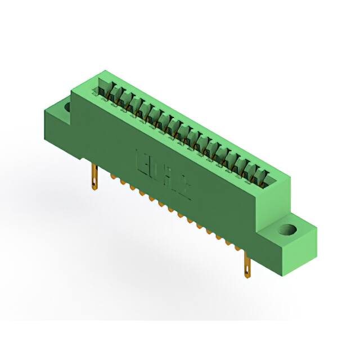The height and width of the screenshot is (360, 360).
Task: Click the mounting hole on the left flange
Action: tap(67, 105)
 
